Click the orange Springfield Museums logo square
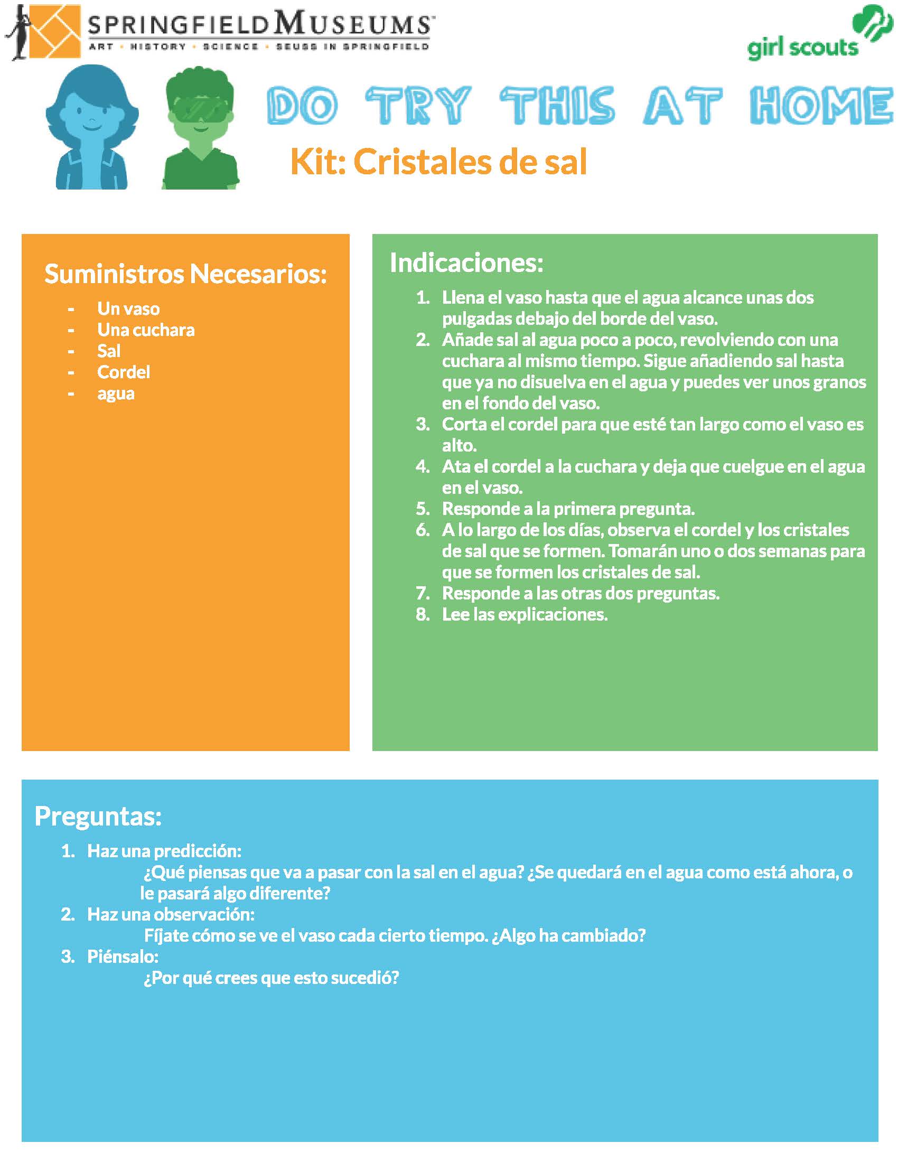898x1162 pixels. click(x=52, y=31)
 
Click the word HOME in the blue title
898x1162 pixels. click(x=820, y=106)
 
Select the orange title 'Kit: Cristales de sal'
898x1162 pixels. click(x=438, y=162)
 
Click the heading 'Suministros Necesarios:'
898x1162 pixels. click(x=185, y=274)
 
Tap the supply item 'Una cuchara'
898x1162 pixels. click(x=146, y=330)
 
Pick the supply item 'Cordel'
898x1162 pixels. click(x=124, y=372)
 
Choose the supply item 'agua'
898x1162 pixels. click(x=116, y=393)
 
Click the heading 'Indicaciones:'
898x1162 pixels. click(x=466, y=263)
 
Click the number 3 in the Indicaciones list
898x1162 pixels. click(x=423, y=424)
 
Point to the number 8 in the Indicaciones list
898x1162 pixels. click(x=423, y=614)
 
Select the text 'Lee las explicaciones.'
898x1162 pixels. click(x=525, y=614)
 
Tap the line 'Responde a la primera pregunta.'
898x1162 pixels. click(x=568, y=509)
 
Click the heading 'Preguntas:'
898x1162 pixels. click(x=98, y=816)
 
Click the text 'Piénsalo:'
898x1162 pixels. click(x=123, y=957)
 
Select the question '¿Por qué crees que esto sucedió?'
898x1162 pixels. click(x=272, y=978)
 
